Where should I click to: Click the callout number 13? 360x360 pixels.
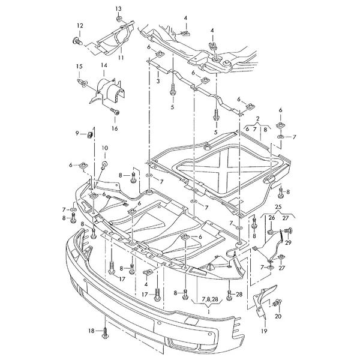coord(118,9)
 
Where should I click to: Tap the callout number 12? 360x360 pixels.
coord(80,26)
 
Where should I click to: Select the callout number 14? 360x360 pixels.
coord(104,65)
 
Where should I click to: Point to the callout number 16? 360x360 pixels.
coord(115,128)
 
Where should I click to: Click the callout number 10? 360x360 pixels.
coord(104,148)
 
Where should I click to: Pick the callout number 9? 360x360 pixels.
coord(77,133)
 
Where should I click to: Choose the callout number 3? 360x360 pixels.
coord(158,81)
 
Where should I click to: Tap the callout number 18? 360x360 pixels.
coord(91,331)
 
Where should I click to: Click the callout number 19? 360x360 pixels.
coord(264,331)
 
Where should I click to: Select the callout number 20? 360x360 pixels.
coord(278,316)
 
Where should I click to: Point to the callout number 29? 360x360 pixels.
coord(288,242)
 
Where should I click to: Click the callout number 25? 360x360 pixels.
coord(278,207)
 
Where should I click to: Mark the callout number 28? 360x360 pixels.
coord(239,294)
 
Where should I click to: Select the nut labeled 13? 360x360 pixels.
coord(119,19)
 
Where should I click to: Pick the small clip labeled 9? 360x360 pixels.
coord(90,134)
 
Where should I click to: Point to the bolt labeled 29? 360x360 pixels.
coord(289,230)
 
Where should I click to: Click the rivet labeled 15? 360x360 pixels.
coord(82,82)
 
